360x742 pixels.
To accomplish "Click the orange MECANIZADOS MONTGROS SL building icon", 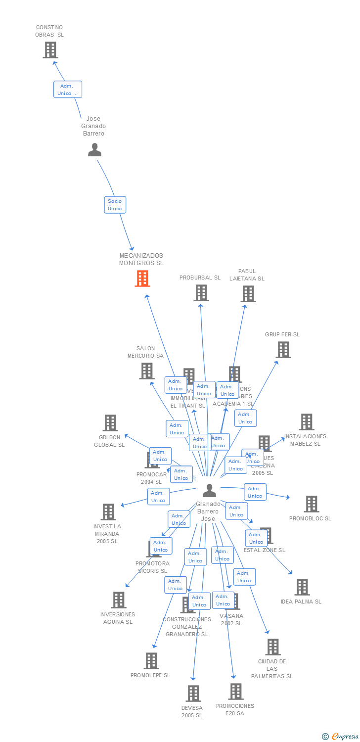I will (x=142, y=278).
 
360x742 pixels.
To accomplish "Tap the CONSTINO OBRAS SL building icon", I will (x=50, y=49).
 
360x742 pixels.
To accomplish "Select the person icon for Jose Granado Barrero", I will (x=94, y=149).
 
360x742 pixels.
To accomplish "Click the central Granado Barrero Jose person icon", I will (x=209, y=490).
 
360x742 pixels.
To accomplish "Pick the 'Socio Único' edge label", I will (x=115, y=205).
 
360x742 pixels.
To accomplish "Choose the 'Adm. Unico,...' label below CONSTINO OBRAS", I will (x=67, y=90).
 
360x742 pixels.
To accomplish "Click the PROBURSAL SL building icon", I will (x=201, y=293).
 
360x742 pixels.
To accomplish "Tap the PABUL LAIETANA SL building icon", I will (x=248, y=293).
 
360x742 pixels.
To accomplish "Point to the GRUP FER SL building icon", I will (x=283, y=350).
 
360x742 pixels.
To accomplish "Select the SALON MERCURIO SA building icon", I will (x=146, y=371).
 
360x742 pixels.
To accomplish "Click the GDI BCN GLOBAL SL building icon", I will (x=110, y=422).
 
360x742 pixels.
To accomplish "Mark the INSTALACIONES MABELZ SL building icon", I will (x=306, y=422).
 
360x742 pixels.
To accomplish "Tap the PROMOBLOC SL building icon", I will (x=311, y=504).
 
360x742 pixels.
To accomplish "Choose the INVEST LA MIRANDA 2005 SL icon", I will (x=108, y=511).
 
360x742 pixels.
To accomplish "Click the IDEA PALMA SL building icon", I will (x=302, y=587).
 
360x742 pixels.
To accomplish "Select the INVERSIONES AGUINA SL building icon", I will (x=118, y=600).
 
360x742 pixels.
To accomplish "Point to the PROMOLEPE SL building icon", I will (x=151, y=660).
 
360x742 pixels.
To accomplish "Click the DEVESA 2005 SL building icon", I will (x=193, y=693).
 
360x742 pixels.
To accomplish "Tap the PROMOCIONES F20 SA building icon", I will (x=236, y=691).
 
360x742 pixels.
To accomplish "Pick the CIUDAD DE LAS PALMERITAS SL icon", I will (x=272, y=647).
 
